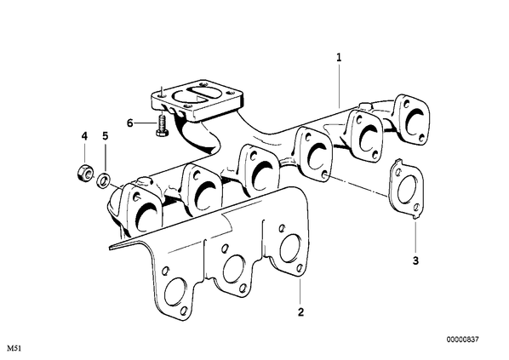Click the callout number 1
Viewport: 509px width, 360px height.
(x=339, y=58)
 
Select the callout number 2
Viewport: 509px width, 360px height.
(x=301, y=312)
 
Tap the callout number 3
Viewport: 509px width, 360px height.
(x=415, y=260)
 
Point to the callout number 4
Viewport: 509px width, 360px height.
(x=84, y=136)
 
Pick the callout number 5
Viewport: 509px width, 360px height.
(x=105, y=136)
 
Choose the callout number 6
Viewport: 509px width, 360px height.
(x=130, y=123)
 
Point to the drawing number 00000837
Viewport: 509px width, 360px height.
(x=462, y=340)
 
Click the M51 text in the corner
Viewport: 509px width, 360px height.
(x=14, y=349)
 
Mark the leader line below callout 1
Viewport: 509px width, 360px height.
(x=339, y=86)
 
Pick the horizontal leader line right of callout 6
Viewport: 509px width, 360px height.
(x=145, y=123)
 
